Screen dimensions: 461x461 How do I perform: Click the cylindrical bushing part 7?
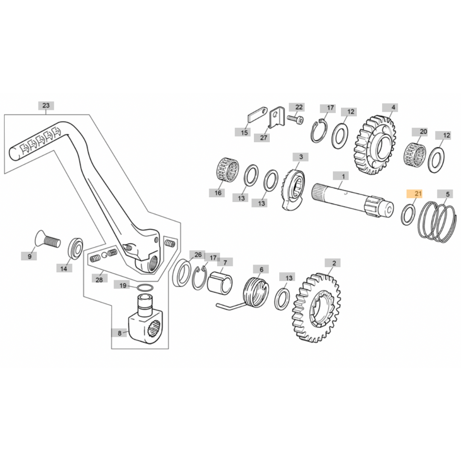click(x=220, y=282)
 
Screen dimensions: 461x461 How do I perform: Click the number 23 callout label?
click(x=46, y=105)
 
